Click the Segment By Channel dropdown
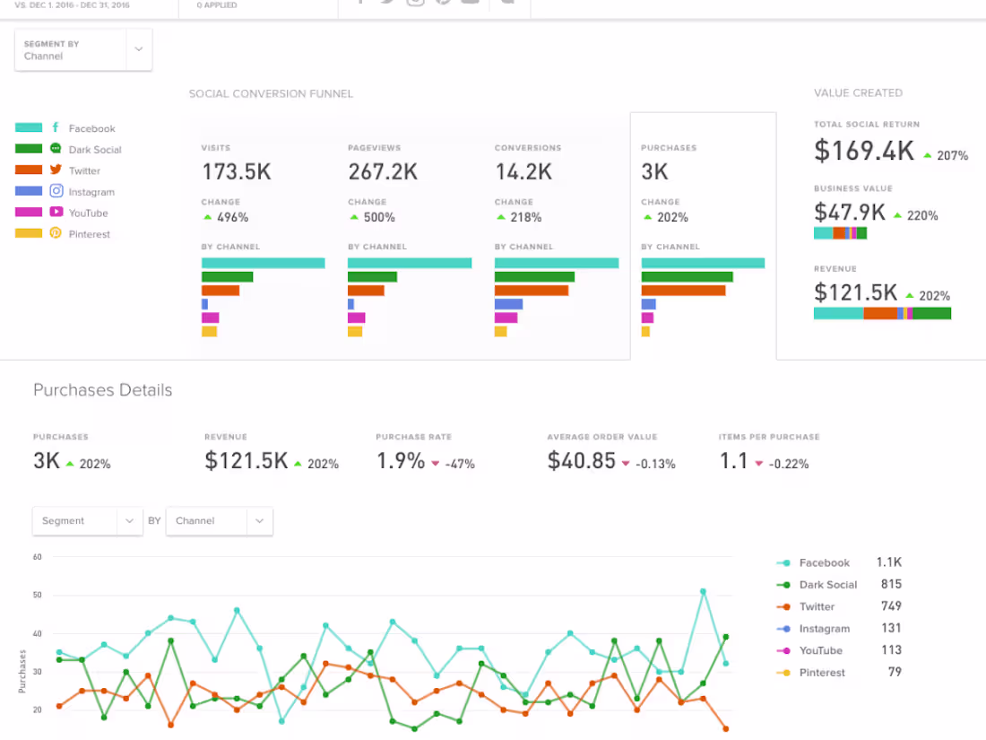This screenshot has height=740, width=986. point(83,50)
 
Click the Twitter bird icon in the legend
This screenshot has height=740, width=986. point(56,170)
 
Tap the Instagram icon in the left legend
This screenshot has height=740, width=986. point(56,191)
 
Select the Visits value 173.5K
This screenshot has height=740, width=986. point(236,171)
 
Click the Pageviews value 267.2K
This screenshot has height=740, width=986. point(383,171)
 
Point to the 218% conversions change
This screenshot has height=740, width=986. point(526,217)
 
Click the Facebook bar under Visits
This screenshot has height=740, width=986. point(263,263)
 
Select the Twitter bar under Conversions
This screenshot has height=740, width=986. point(532,291)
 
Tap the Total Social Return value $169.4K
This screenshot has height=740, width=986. point(864,152)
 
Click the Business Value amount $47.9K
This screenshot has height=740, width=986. point(850,213)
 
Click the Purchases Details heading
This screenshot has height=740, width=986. point(103,390)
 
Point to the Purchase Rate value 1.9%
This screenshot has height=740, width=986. point(401,461)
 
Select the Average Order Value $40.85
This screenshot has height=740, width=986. point(582,461)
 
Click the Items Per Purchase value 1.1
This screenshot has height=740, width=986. point(733,461)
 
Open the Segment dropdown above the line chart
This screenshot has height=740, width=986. point(87,521)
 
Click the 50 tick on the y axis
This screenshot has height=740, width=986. point(38,595)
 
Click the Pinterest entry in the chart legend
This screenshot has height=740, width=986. point(822,673)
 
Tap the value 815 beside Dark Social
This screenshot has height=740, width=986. point(891,585)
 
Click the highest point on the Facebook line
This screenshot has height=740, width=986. point(703,591)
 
